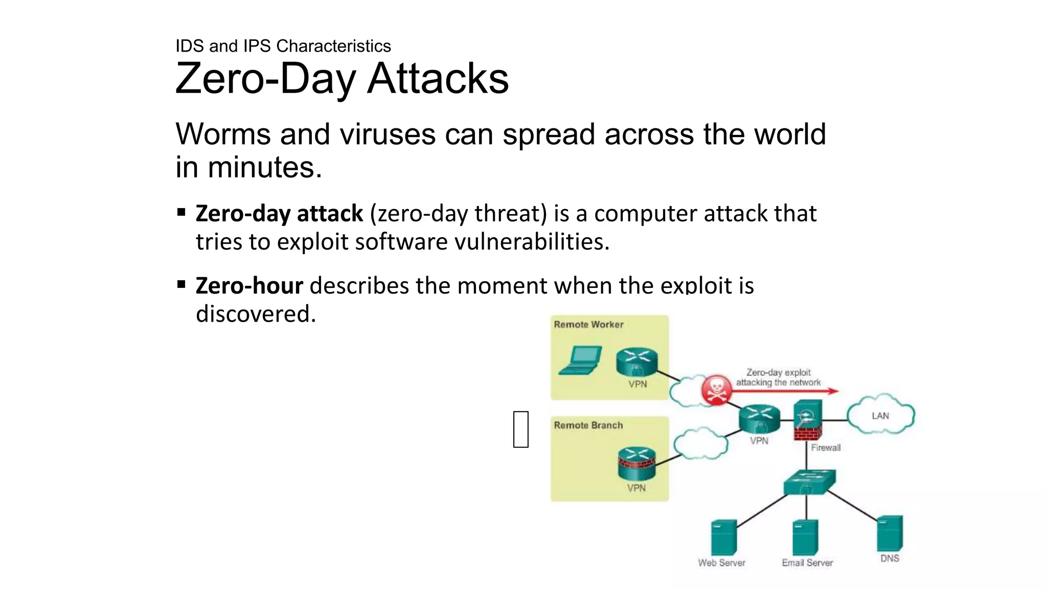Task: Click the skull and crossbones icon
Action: point(716,390)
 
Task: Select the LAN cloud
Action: point(880,415)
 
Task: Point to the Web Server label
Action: point(721,562)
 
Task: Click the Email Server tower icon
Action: point(805,537)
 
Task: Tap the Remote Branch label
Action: point(588,425)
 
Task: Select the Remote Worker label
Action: point(588,325)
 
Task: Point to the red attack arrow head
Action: point(833,391)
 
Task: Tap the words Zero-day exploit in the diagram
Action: point(778,373)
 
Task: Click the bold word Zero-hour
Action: point(249,285)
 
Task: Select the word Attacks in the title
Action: point(438,79)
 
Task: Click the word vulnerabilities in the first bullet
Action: point(532,242)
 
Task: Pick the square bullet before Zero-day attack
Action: point(181,212)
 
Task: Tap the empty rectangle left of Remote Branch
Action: point(520,429)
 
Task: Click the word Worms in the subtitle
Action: point(223,134)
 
